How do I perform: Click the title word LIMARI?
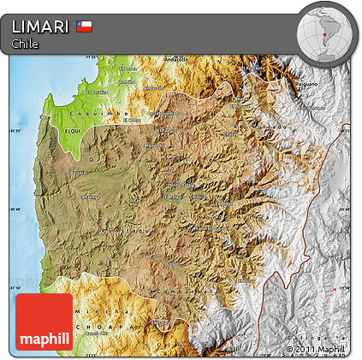click(x=40, y=27)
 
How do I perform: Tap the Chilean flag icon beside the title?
click(x=84, y=26)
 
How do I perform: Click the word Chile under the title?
click(x=26, y=44)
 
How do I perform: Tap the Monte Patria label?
click(x=211, y=228)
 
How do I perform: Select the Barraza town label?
click(x=78, y=172)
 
